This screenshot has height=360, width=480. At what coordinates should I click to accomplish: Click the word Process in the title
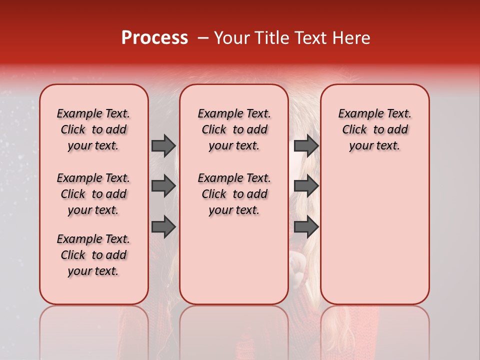154,38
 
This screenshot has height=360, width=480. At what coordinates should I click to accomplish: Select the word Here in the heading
350,38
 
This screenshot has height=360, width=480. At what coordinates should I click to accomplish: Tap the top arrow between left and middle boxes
163,145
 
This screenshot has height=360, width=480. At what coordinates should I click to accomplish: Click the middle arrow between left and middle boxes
163,186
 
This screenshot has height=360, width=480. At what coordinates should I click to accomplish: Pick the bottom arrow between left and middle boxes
163,227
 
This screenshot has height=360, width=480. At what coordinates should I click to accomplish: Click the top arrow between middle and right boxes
306,145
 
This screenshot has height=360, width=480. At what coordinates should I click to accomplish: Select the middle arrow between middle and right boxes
306,186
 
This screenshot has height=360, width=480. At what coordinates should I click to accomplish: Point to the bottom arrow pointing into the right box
306,227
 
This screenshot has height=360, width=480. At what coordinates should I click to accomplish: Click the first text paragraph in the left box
93,129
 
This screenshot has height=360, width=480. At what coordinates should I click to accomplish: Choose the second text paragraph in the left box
93,194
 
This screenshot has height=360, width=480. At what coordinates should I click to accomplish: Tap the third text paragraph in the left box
93,255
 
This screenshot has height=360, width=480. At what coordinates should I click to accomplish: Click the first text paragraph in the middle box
234,129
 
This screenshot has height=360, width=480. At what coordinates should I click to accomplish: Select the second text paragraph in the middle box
234,194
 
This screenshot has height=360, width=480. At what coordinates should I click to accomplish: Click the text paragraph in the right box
374,129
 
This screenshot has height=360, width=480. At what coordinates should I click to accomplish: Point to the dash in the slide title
203,38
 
